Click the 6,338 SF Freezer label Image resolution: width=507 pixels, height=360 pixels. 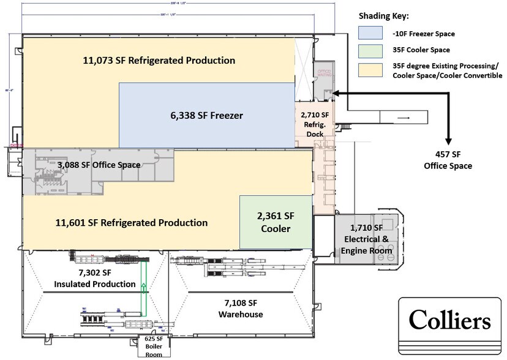click(x=206, y=115)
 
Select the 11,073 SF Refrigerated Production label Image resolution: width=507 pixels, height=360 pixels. click(x=159, y=61)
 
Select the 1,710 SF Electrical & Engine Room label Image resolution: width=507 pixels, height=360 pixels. click(x=366, y=239)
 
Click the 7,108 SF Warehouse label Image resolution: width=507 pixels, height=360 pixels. click(x=240, y=309)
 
